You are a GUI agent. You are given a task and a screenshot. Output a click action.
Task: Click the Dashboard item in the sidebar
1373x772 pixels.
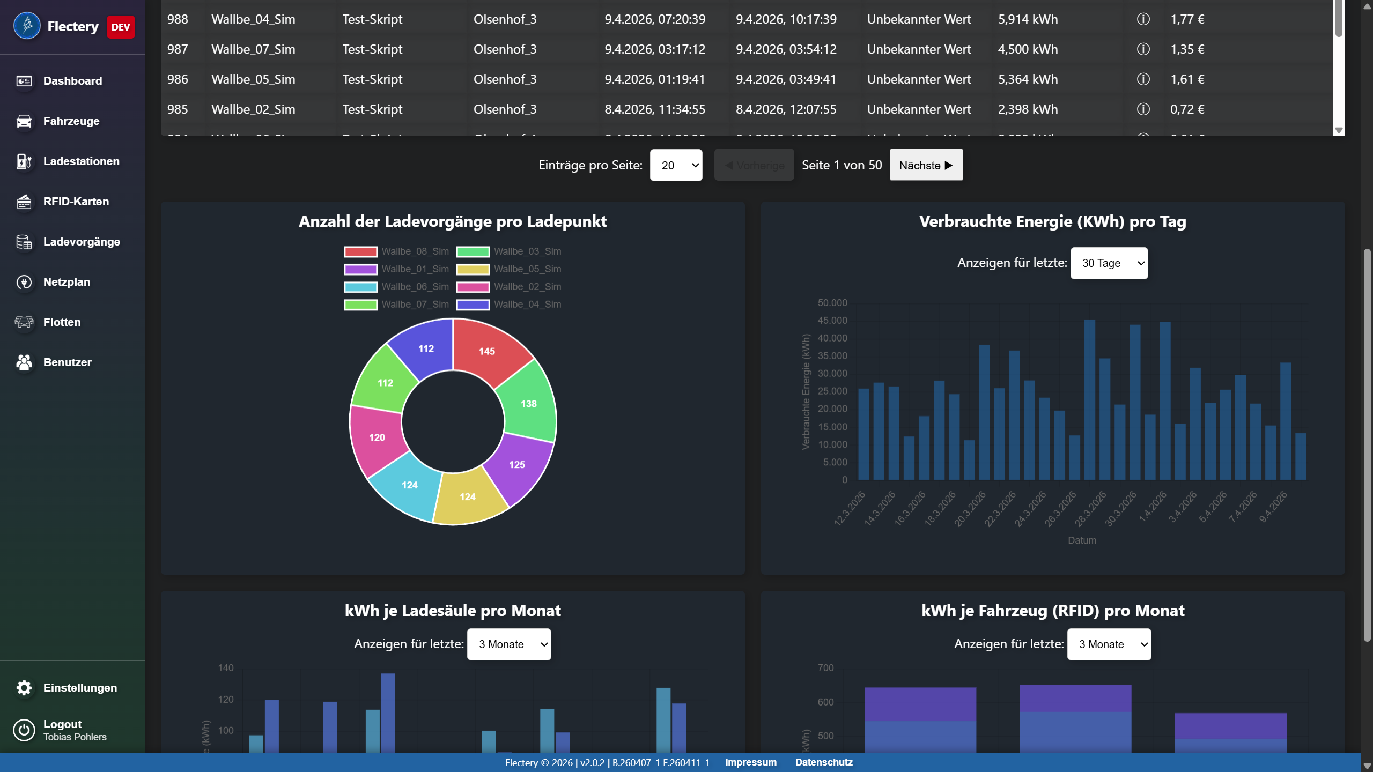pyautogui.click(x=72, y=81)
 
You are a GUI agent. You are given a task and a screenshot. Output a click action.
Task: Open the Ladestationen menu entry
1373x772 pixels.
pyautogui.click(x=80, y=161)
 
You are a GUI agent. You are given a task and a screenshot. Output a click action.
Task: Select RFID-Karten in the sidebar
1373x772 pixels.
pyautogui.click(x=75, y=202)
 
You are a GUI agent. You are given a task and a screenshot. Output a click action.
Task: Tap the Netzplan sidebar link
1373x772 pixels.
pyautogui.click(x=66, y=282)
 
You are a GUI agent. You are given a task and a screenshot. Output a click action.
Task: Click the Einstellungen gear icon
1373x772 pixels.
pyautogui.click(x=24, y=688)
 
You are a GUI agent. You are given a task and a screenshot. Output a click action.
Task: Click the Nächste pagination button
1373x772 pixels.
pyautogui.click(x=926, y=165)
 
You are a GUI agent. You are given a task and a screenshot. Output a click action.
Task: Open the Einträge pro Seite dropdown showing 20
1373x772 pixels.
pyautogui.click(x=676, y=165)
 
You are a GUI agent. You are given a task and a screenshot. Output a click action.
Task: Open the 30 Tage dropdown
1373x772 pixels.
pyautogui.click(x=1109, y=263)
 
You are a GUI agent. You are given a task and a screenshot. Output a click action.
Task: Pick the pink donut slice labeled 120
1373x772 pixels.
pyautogui.click(x=377, y=437)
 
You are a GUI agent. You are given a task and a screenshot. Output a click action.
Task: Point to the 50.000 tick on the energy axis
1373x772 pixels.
pyautogui.click(x=832, y=303)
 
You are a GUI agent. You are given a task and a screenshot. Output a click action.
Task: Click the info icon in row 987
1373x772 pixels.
pyautogui.click(x=1143, y=49)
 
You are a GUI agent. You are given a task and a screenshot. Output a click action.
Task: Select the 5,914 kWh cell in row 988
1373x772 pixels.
pyautogui.click(x=1028, y=19)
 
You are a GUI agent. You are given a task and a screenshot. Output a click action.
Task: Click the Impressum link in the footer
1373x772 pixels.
pyautogui.click(x=750, y=762)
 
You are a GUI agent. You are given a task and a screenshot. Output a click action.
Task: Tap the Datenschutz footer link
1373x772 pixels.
pyautogui.click(x=823, y=762)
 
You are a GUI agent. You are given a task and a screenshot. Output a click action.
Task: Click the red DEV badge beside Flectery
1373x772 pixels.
pyautogui.click(x=121, y=27)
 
